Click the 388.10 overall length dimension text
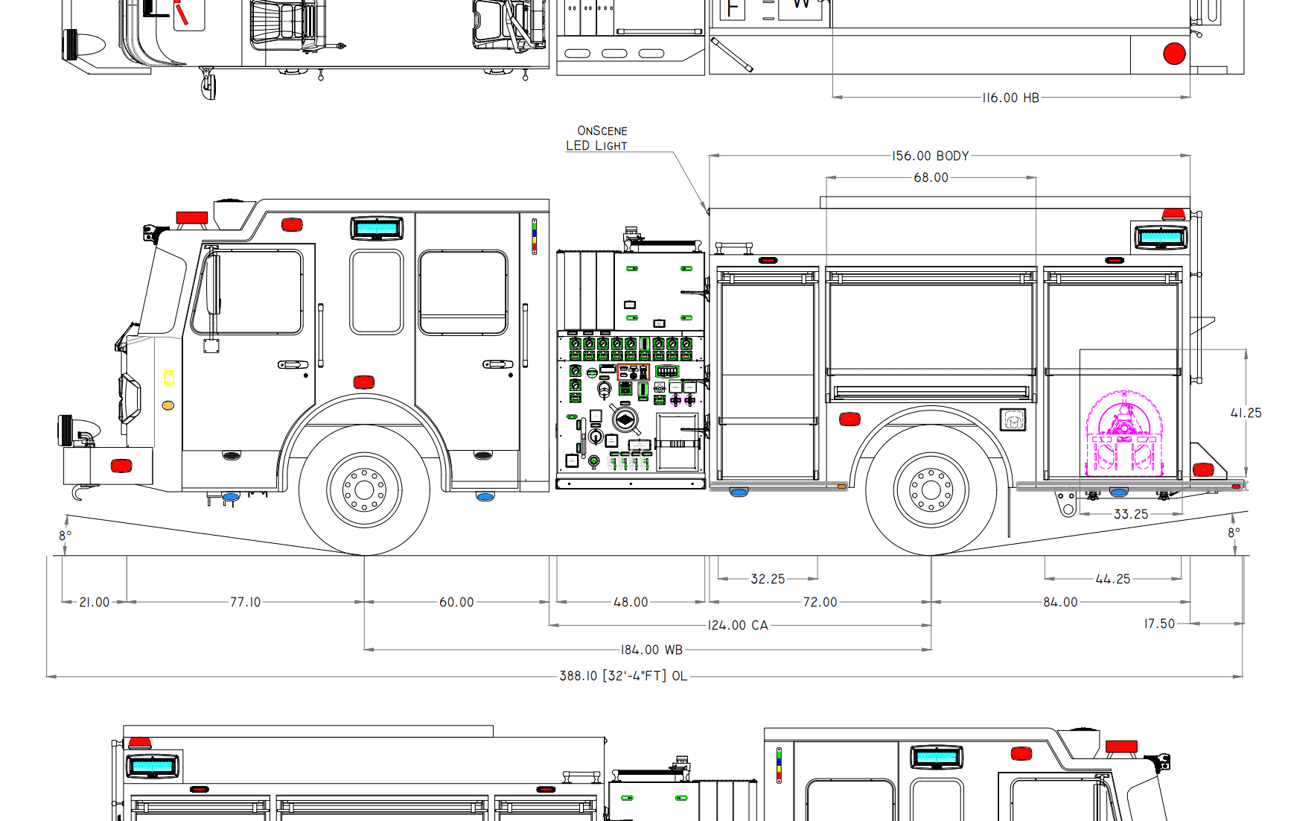pos(623,676)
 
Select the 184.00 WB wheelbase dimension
pos(651,650)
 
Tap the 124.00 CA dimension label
pos(738,625)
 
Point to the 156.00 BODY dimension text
pos(931,156)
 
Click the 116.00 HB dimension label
pos(1010,98)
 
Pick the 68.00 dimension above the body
pos(931,177)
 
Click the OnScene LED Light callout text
pos(597,138)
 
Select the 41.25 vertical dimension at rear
pos(1246,413)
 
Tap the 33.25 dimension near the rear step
pos(1131,514)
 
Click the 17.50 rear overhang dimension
pos(1159,624)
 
